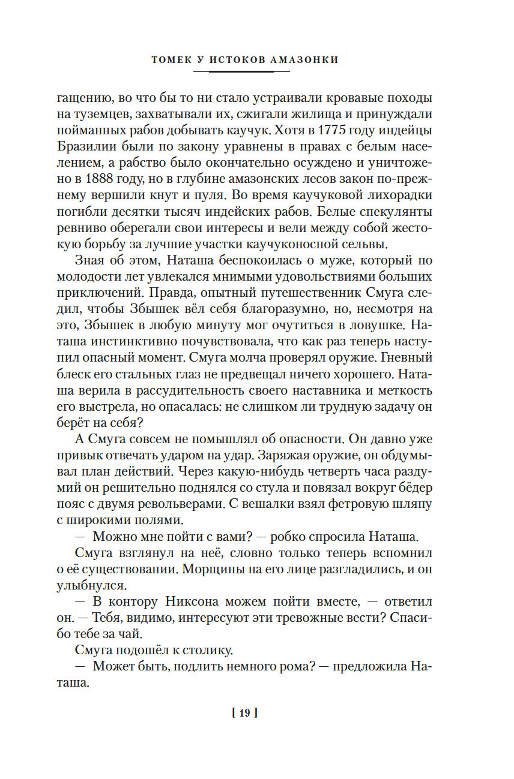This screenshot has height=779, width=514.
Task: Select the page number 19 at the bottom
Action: coord(244,713)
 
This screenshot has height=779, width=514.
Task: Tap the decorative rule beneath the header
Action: coord(241,71)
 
